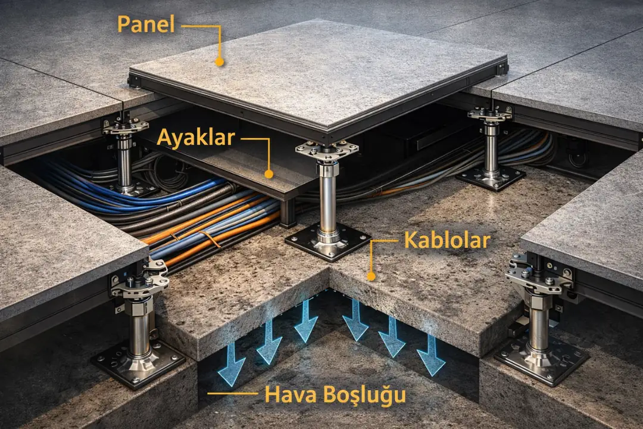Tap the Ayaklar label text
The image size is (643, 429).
(x=196, y=138)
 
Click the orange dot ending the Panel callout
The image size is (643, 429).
(x=220, y=61)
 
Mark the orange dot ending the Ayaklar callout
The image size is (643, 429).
(x=269, y=174)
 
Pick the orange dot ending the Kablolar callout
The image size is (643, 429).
(x=372, y=276)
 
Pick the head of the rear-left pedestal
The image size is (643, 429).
(x=125, y=126)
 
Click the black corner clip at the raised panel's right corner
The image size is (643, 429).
(x=502, y=69)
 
